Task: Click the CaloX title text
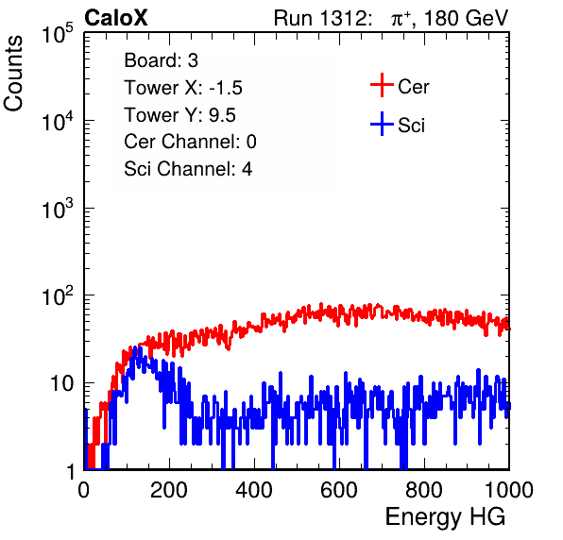click(115, 18)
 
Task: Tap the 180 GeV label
click(466, 18)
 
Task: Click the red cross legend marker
click(382, 85)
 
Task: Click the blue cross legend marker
click(382, 124)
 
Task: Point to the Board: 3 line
click(161, 60)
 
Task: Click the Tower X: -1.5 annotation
click(183, 88)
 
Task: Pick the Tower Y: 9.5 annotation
click(179, 115)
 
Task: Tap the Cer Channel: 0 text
click(190, 142)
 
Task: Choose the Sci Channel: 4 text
click(188, 169)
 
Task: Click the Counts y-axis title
click(13, 74)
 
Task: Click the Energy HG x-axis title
click(445, 516)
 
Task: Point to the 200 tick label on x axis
click(169, 490)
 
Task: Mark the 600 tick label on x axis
click(339, 490)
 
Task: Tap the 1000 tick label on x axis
click(509, 490)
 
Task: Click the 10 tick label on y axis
click(62, 383)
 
